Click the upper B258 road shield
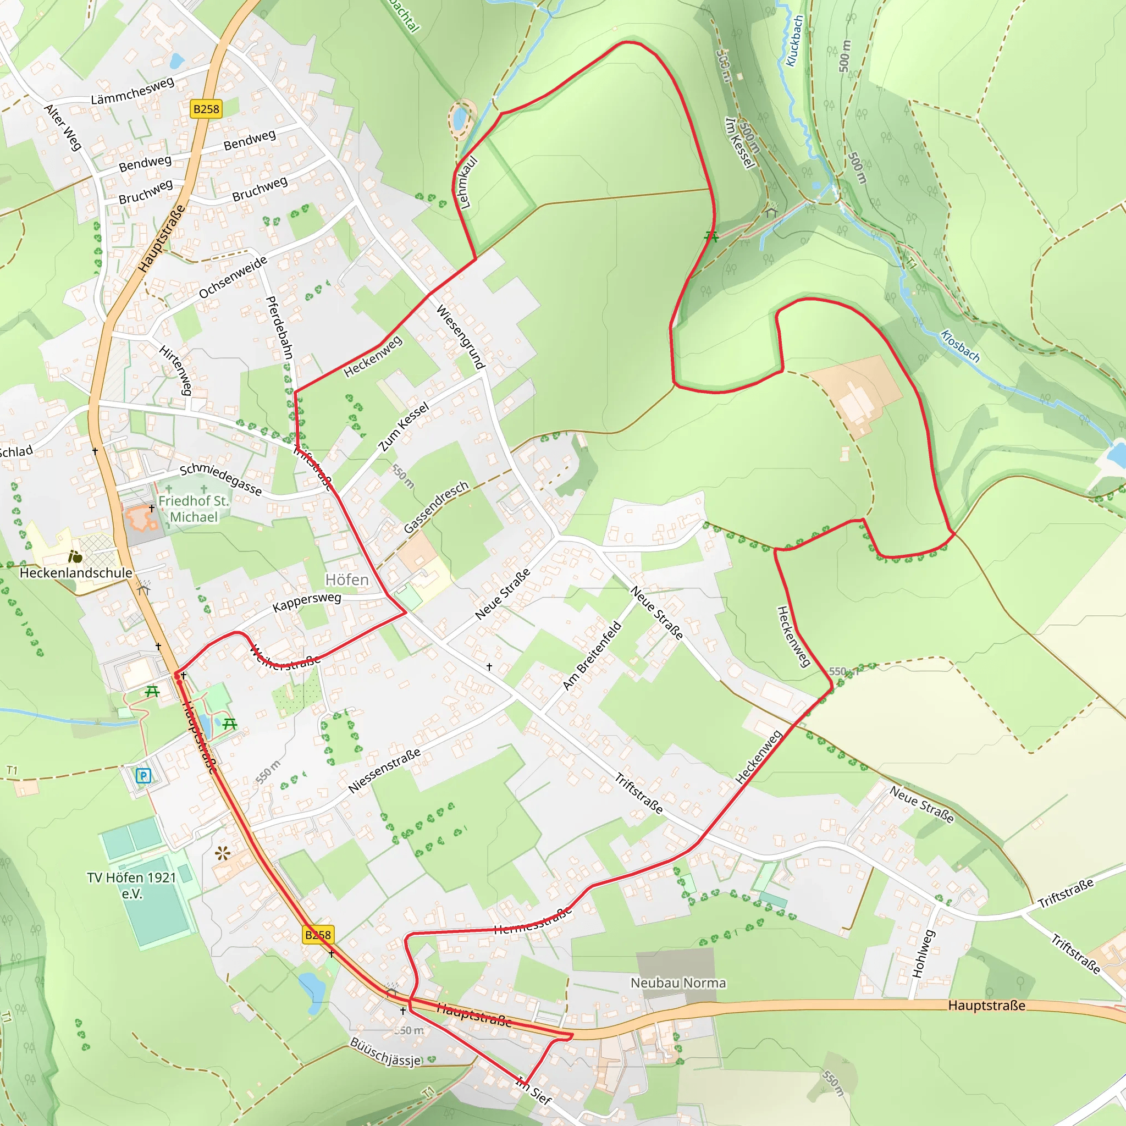click(206, 109)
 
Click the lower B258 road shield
click(318, 935)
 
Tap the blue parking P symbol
click(143, 776)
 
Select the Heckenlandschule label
click(76, 573)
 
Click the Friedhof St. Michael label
click(194, 509)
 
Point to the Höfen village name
click(347, 580)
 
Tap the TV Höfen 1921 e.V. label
click(132, 885)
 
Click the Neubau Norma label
click(678, 983)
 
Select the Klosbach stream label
click(960, 346)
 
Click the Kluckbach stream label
click(794, 41)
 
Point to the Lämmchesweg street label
click(133, 91)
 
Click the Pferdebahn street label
click(279, 328)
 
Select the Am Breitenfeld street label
click(592, 656)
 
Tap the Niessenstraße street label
click(384, 771)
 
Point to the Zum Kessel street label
click(404, 427)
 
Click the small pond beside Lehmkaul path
click(460, 118)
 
